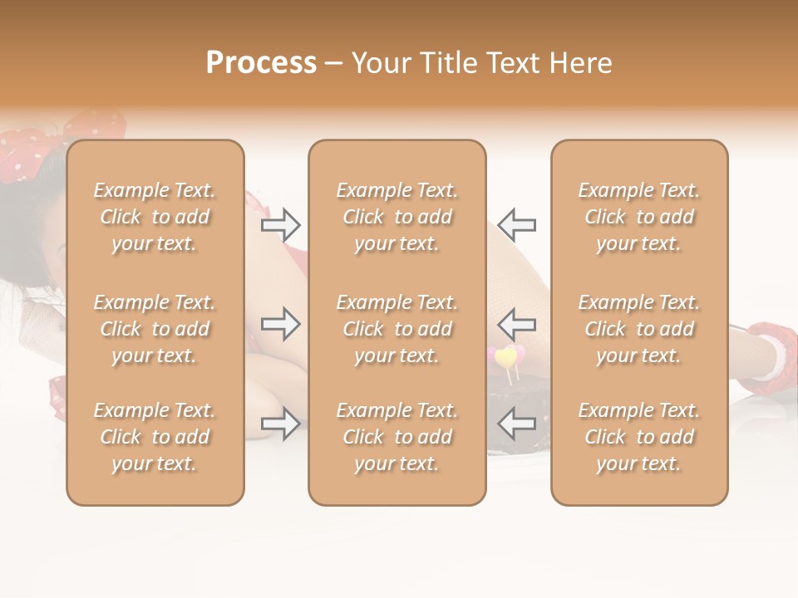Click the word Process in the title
click(261, 63)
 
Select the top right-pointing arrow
click(281, 224)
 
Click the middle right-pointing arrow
click(281, 324)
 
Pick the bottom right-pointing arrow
click(281, 424)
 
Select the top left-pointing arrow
click(516, 224)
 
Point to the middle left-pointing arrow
click(516, 324)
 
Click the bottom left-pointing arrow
click(516, 424)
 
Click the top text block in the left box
click(155, 217)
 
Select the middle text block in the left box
click(155, 329)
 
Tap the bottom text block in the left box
click(155, 437)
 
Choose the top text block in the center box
click(397, 217)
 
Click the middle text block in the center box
click(397, 329)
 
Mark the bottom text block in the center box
click(397, 437)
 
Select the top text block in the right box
click(638, 217)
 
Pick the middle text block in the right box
click(638, 329)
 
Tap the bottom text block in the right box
click(638, 437)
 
